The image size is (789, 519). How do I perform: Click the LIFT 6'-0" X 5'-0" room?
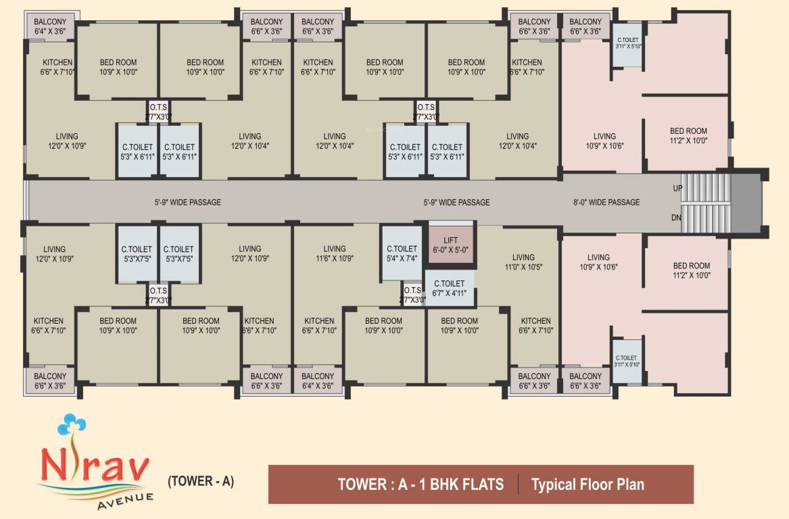pyautogui.click(x=450, y=245)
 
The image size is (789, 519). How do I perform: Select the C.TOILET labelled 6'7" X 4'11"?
pyautogui.click(x=449, y=288)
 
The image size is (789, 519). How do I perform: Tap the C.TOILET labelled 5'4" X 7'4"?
pyautogui.click(x=402, y=253)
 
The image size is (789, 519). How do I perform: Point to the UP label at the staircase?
pyautogui.click(x=677, y=189)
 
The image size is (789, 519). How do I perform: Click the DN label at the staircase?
pyautogui.click(x=677, y=218)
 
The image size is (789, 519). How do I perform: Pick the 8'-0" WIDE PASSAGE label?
pyautogui.click(x=606, y=202)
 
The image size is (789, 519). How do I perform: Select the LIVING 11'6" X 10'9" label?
pyautogui.click(x=334, y=253)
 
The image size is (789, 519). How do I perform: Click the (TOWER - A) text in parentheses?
pyautogui.click(x=200, y=482)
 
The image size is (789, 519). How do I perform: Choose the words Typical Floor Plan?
pyautogui.click(x=588, y=484)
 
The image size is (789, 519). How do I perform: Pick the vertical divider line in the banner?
pyautogui.click(x=518, y=484)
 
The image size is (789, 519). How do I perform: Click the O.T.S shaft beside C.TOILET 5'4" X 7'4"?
pyautogui.click(x=412, y=295)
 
